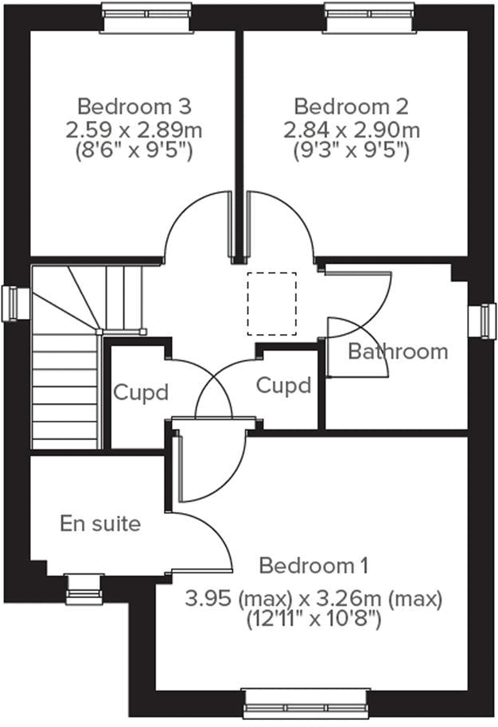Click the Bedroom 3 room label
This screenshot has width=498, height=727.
pos(134,106)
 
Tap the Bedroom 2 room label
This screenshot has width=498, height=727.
pos(351,106)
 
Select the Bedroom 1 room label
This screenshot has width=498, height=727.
pos(313,566)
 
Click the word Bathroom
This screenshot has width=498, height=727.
pos(398,351)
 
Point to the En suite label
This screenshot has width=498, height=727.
pos(100,523)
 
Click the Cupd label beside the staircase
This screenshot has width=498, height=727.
pos(141,392)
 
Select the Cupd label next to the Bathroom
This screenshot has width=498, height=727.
pos(283,386)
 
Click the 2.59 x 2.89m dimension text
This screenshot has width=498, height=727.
pos(134,129)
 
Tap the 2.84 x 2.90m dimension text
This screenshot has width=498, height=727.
pos(351,129)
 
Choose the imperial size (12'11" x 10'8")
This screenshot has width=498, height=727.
pos(313,618)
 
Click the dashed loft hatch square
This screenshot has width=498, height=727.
pos(271,303)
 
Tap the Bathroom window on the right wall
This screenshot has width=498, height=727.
pos(482,321)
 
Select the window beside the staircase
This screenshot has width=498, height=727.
pos(16,303)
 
